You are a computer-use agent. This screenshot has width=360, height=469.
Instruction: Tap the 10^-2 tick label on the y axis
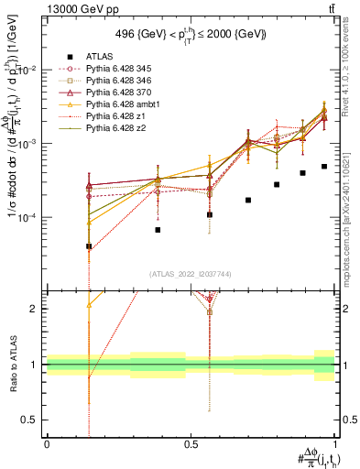click(x=27, y=71)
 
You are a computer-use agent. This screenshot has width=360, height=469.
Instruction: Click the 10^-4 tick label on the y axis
click(x=27, y=218)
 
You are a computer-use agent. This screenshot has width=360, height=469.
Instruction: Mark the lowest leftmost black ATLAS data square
click(x=89, y=246)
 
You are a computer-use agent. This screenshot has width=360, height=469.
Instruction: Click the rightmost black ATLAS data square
click(x=324, y=167)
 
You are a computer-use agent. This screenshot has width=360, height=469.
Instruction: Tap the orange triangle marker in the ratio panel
click(x=89, y=304)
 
